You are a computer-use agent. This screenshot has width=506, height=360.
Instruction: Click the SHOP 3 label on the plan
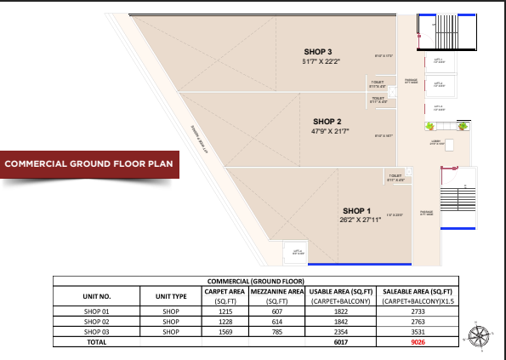(x=316, y=51)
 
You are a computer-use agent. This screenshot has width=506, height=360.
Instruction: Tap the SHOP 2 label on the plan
(x=327, y=121)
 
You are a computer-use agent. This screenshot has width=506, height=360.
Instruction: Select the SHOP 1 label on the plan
(x=356, y=210)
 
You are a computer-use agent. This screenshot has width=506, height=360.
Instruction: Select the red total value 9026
(x=418, y=341)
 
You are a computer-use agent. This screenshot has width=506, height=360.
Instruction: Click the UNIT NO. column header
(x=96, y=295)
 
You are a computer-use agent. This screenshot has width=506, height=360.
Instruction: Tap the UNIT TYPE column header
(x=170, y=295)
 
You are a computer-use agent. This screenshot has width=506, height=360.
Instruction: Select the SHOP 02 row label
(x=96, y=323)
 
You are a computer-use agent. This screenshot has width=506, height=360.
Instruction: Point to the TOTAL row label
(x=96, y=341)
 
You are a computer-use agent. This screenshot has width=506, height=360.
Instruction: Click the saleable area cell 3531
(x=418, y=332)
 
